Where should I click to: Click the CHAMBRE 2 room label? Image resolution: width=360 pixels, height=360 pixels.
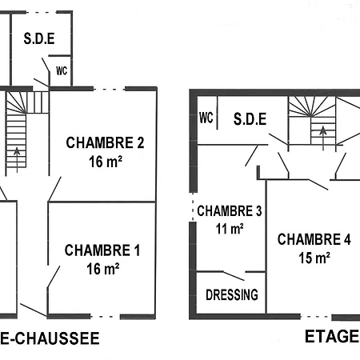tap(105, 144)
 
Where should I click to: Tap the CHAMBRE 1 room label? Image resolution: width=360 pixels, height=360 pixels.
tap(102, 250)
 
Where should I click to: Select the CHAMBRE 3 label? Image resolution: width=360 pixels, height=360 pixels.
tap(230, 212)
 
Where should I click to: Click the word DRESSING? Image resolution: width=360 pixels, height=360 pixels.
tap(232, 294)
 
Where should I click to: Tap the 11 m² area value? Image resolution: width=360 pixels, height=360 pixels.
tap(230, 230)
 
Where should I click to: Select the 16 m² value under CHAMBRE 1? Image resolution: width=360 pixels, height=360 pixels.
tap(102, 269)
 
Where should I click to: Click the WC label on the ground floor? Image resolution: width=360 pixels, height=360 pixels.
tap(61, 70)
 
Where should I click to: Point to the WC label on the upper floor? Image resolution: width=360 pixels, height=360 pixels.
tap(206, 118)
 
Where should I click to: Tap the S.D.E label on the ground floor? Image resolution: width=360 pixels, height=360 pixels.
tap(38, 38)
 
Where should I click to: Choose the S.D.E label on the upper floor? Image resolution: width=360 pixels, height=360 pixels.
tap(249, 119)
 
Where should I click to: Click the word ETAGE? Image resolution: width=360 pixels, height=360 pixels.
tap(331, 336)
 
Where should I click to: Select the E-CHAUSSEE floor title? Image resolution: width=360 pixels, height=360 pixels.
tap(50, 339)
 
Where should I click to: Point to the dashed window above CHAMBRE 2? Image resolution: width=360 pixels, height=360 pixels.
tap(112, 88)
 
